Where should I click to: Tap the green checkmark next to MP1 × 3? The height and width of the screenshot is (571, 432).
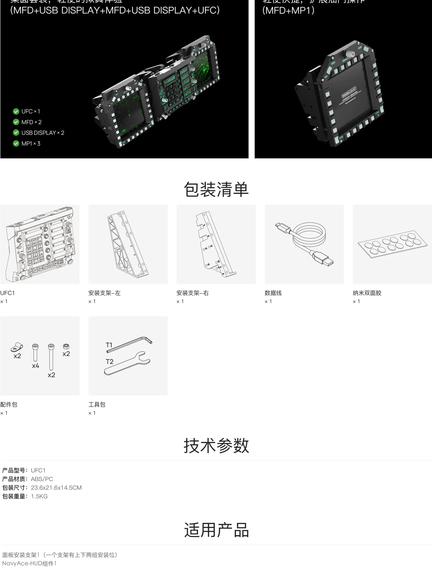(x=16, y=143)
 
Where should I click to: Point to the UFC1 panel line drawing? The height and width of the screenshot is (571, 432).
(x=40, y=244)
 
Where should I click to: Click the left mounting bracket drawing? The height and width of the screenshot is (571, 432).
(x=128, y=244)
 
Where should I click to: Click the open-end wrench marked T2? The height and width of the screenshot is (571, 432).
(x=128, y=363)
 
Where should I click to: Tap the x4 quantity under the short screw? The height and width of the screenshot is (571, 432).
(x=36, y=366)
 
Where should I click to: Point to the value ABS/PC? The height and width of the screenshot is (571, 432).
(x=42, y=479)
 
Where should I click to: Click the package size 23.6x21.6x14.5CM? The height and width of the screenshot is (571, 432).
(x=56, y=488)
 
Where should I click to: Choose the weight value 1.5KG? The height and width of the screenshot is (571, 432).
(x=39, y=496)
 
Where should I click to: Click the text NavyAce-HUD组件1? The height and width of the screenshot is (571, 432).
(x=29, y=563)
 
